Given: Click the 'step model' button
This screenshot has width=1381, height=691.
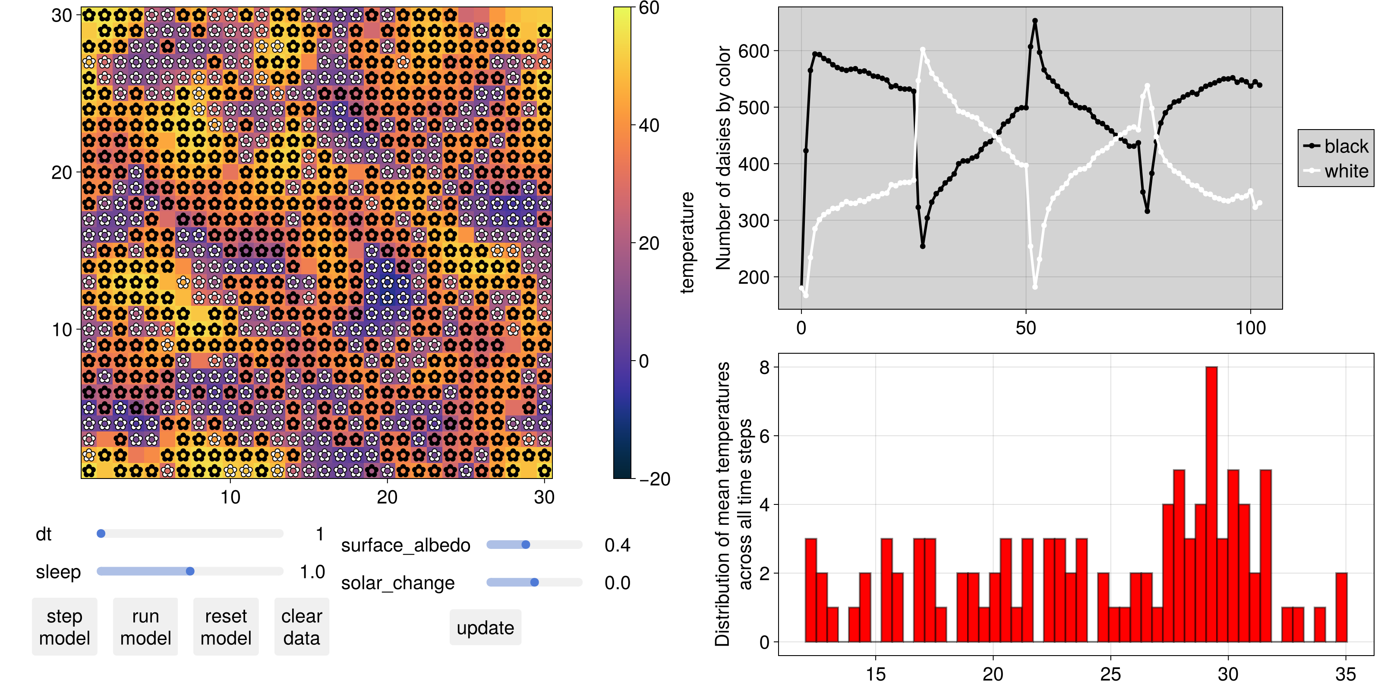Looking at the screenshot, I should tap(64, 627).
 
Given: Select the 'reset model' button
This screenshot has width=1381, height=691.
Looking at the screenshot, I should tap(226, 627).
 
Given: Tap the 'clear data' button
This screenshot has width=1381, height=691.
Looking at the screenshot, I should tap(301, 627).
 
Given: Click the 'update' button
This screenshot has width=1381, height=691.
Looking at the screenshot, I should tap(485, 628).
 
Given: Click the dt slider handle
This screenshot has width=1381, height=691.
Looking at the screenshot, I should tap(101, 534).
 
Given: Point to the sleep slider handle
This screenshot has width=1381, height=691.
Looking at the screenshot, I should tap(190, 571).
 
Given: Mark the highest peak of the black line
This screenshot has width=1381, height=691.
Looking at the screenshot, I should tap(1035, 21).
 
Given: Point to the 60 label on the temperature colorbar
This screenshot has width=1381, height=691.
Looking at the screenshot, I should tap(649, 8).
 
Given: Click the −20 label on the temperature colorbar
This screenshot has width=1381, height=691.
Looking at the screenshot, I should tap(655, 479).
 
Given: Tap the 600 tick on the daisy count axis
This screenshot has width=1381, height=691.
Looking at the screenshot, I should tap(754, 51).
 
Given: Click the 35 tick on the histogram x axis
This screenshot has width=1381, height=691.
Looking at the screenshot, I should tap(1345, 674).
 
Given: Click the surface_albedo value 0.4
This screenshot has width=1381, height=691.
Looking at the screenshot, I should tap(617, 545).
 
